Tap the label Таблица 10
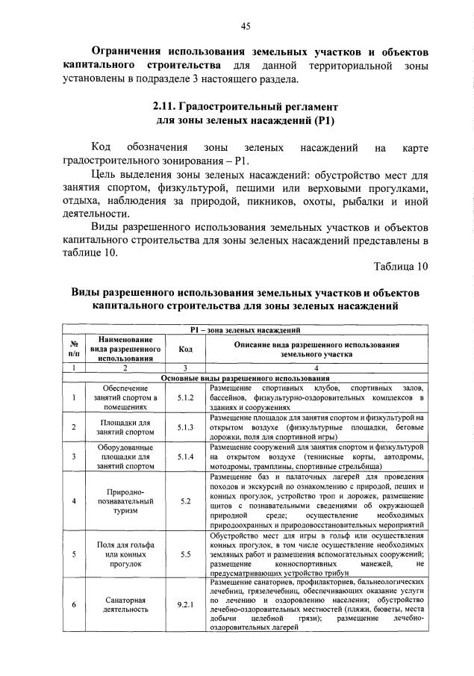(x=402, y=266)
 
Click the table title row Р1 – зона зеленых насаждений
(x=246, y=329)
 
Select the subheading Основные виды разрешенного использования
(x=246, y=379)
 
